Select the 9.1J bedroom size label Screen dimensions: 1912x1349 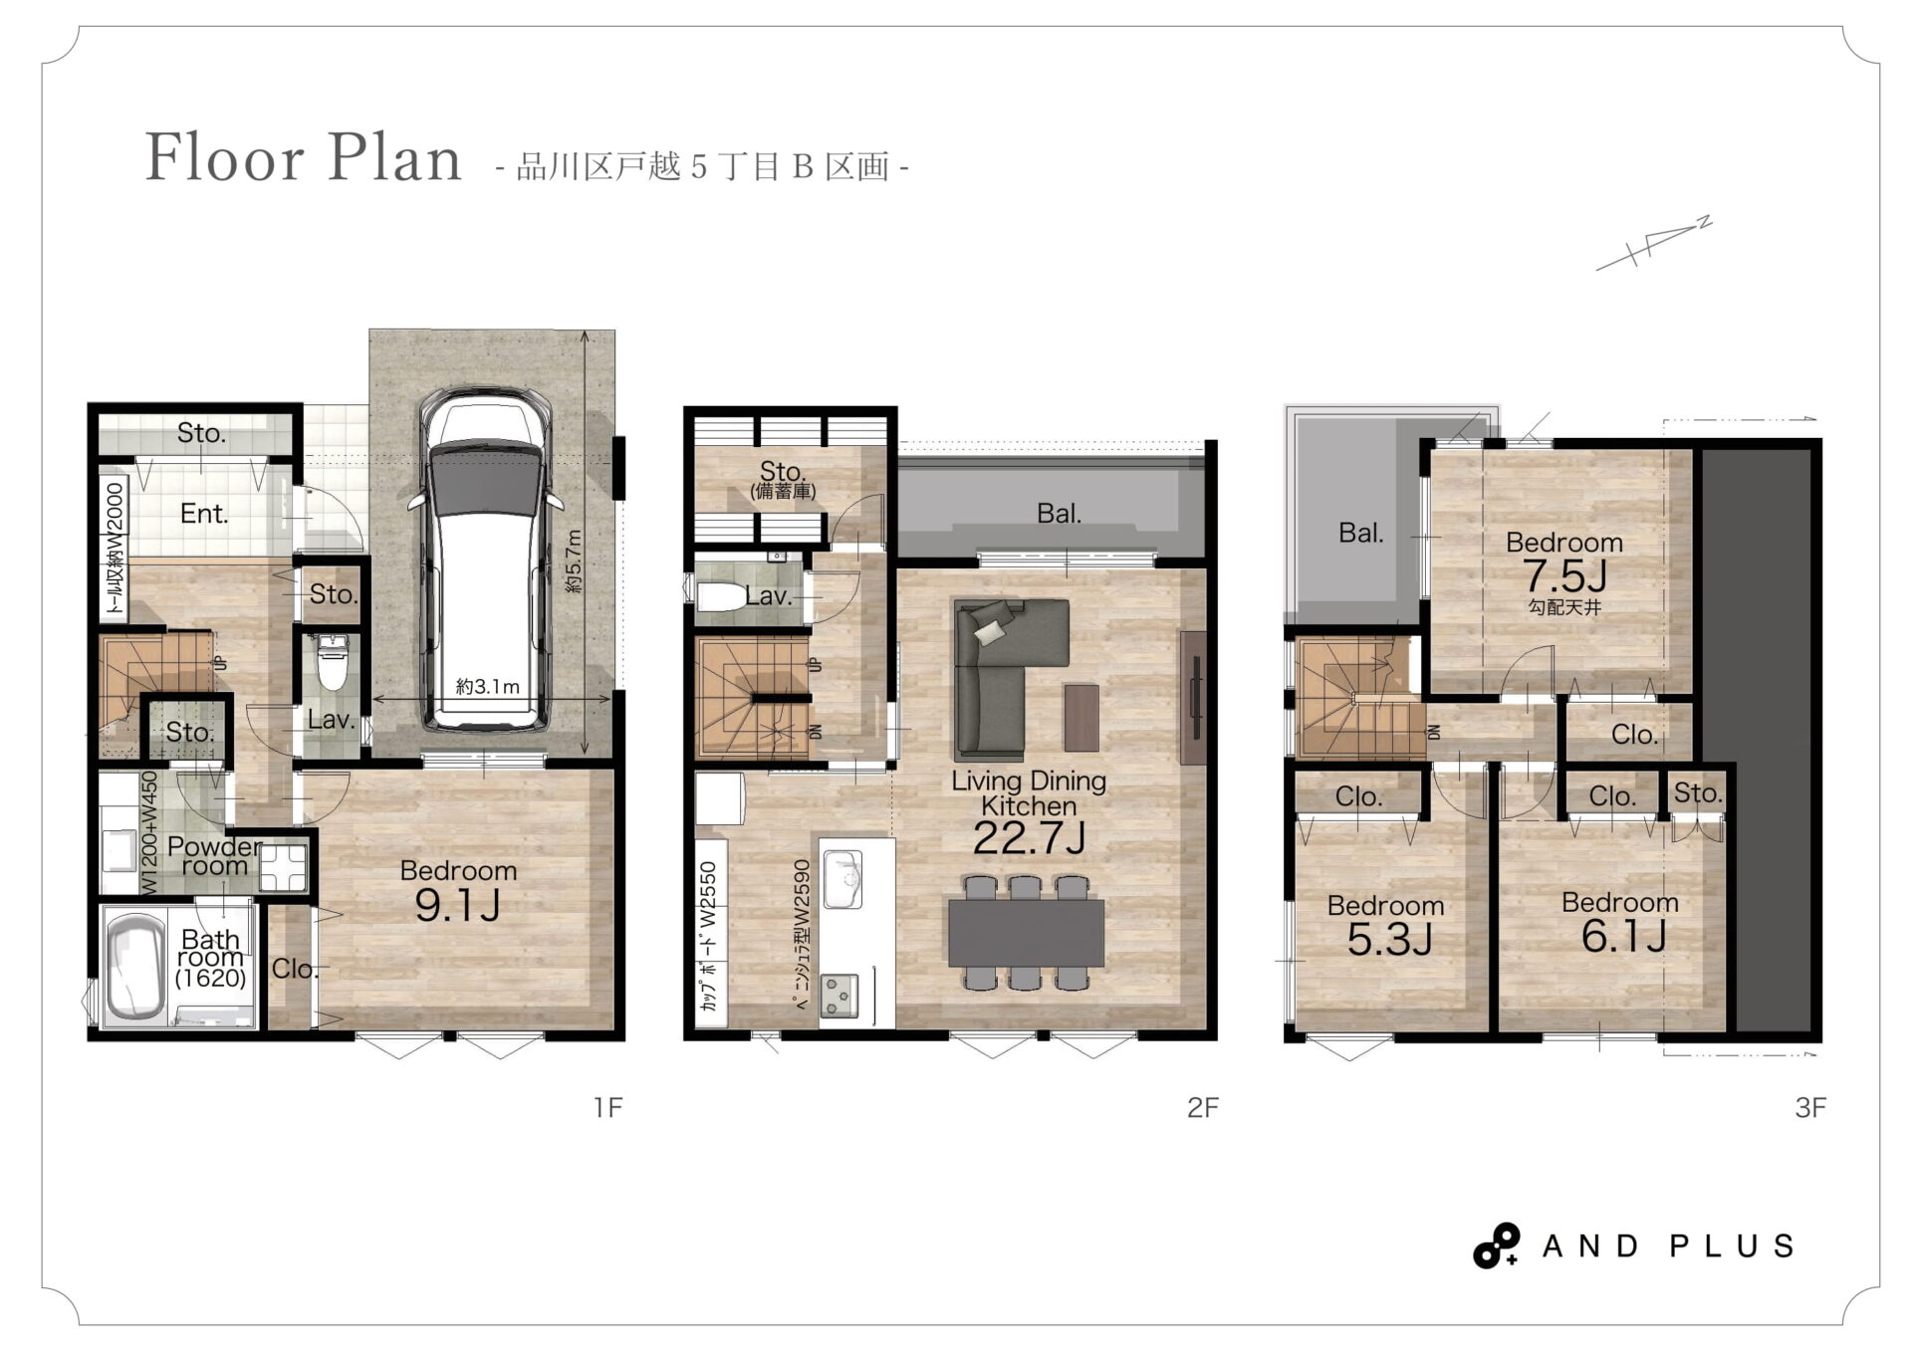457,905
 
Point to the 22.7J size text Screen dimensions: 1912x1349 1029,838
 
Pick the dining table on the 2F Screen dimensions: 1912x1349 1026,933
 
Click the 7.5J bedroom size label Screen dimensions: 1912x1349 1564,575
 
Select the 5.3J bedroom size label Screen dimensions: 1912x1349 1389,939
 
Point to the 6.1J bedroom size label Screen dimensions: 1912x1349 1623,936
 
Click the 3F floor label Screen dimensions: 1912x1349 1810,1107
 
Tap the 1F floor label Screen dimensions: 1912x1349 607,1107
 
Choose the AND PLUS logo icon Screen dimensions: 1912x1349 1497,1245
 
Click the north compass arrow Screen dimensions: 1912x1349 1654,243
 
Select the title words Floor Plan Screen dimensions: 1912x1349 304,158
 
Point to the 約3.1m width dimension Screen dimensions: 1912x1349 488,687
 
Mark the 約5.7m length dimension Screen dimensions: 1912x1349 575,562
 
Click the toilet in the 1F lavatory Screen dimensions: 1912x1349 331,663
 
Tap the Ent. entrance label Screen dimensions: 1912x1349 204,514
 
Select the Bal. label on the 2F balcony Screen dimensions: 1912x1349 1059,514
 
